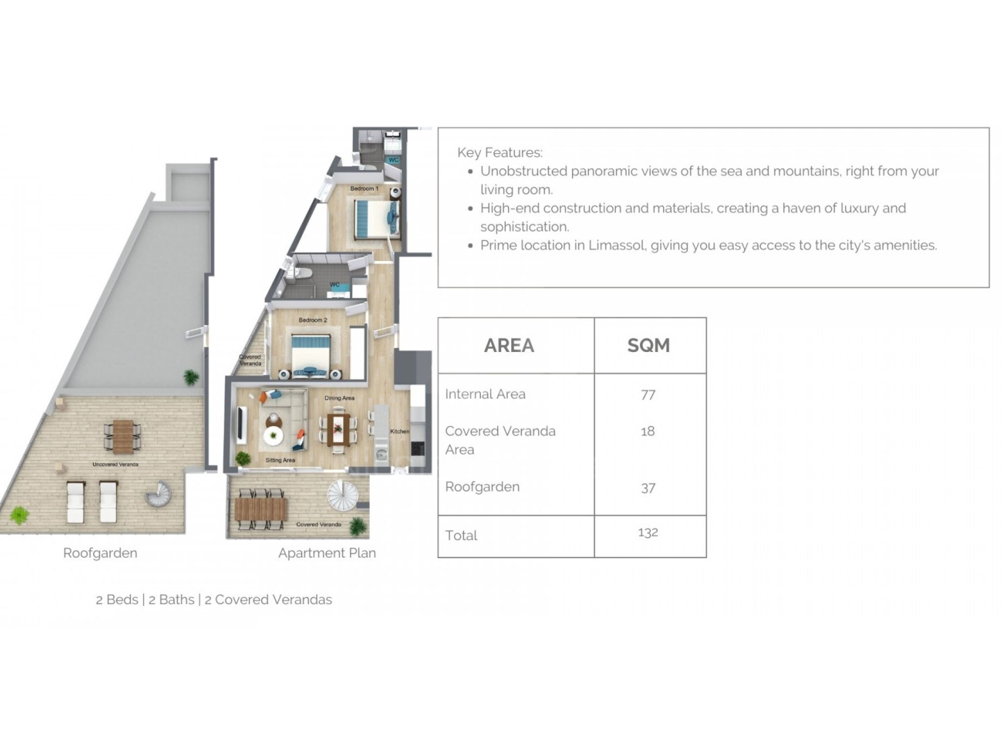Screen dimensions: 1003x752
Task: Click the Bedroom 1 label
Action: click(x=364, y=188)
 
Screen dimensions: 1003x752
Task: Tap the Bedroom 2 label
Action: click(x=313, y=320)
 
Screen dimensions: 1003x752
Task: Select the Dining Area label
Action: click(x=339, y=398)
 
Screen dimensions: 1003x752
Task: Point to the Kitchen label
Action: click(x=400, y=431)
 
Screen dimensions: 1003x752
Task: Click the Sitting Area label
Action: click(x=280, y=460)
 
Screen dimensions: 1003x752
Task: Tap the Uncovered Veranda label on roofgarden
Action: click(x=116, y=464)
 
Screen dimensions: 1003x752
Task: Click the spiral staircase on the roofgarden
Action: click(x=159, y=493)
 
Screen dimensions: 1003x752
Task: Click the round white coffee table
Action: click(x=273, y=435)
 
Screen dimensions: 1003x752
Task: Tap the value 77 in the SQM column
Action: click(x=648, y=395)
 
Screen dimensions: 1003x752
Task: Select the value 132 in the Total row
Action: click(x=648, y=532)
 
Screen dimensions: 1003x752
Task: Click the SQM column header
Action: click(x=648, y=346)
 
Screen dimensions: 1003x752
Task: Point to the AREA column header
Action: click(x=509, y=346)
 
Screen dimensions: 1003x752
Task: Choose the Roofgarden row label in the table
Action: click(x=482, y=487)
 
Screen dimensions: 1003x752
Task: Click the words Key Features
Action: click(x=500, y=153)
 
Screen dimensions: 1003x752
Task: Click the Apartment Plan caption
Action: click(x=327, y=553)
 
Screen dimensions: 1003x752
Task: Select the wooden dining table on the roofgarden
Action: click(x=123, y=436)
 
